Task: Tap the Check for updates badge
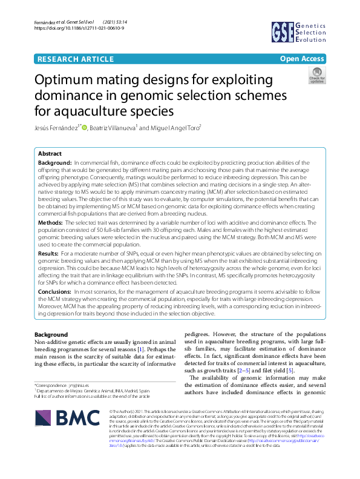316,75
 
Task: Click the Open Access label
302,59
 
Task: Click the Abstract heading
49,154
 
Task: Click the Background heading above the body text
51,335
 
